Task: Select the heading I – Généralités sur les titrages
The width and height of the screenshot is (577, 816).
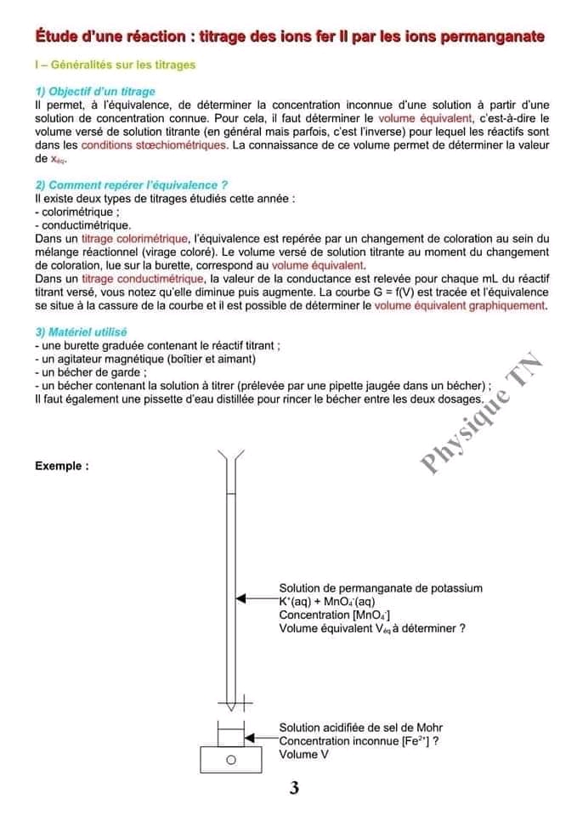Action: (x=116, y=65)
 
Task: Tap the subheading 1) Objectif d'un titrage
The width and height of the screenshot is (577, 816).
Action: (x=95, y=91)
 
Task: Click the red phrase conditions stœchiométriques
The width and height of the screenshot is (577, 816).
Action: (x=155, y=145)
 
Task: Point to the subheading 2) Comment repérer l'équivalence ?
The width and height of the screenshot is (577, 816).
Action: (x=131, y=184)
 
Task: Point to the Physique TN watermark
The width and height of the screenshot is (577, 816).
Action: (x=481, y=412)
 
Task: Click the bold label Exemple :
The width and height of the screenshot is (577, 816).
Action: (x=62, y=466)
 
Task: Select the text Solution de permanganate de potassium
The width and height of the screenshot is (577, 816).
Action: (x=380, y=587)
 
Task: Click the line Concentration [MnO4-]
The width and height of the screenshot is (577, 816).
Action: (x=335, y=615)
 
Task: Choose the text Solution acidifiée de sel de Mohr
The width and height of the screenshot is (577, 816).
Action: (x=361, y=728)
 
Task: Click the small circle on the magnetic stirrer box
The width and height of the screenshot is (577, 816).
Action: (x=229, y=760)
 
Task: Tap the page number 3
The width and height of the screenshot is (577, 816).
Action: (x=294, y=788)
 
